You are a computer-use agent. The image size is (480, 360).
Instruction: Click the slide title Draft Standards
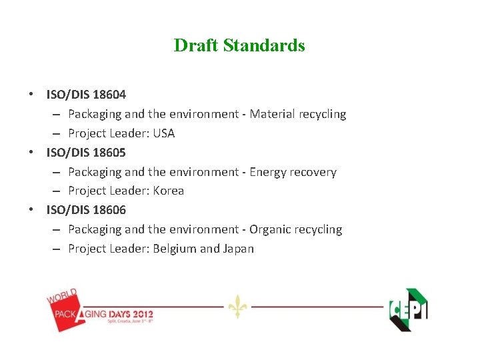coord(239,45)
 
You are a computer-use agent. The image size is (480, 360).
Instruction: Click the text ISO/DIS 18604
coord(86,95)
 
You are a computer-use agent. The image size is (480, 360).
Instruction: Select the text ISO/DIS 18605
coord(86,152)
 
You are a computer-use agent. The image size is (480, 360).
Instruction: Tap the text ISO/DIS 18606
coord(86,209)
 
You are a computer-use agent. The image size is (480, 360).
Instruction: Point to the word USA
coord(163,133)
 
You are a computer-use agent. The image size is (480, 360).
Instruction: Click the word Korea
coord(168,191)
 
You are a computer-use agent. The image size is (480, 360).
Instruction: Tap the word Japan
coord(238,249)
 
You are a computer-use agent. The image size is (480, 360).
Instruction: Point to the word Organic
coord(270,229)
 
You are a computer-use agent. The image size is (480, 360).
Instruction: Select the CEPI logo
coord(408,309)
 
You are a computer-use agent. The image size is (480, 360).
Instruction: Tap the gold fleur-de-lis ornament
coord(237,306)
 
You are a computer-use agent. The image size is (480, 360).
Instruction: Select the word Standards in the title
coord(264,45)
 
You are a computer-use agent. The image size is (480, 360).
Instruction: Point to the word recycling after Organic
coord(318,229)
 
